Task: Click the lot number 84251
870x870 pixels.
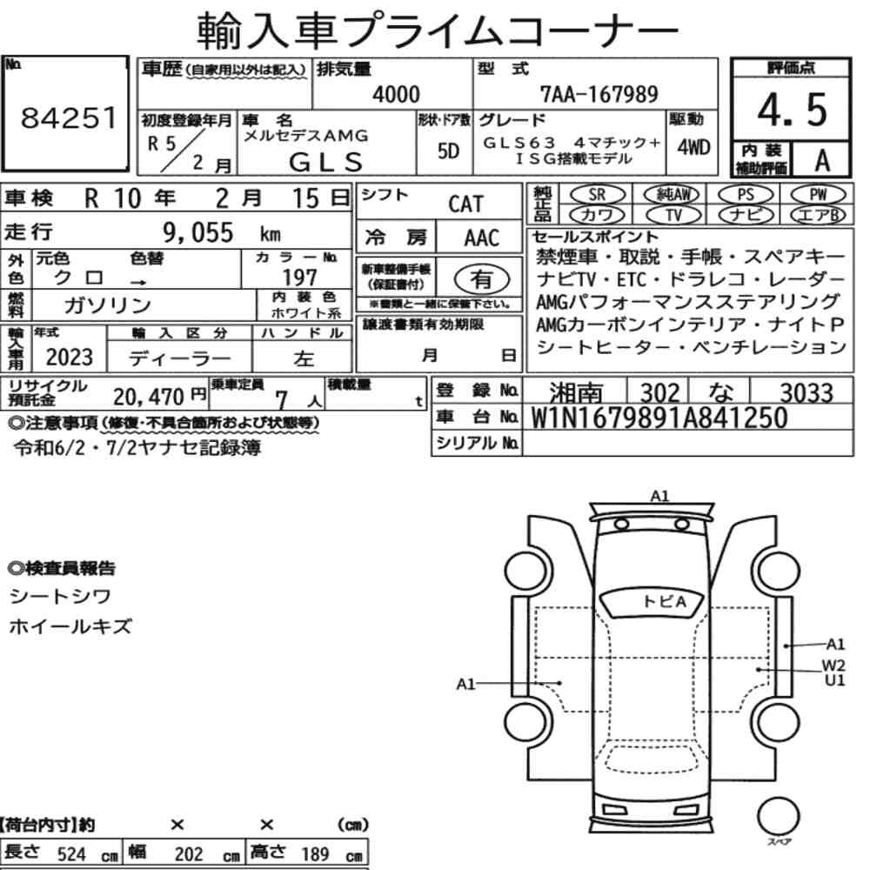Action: (x=69, y=117)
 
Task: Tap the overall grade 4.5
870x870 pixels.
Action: (x=792, y=110)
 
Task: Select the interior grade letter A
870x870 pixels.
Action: (x=822, y=161)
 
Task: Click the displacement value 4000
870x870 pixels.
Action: (x=396, y=94)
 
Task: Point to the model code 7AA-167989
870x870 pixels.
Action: (x=599, y=94)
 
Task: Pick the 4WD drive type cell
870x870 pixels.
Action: (x=693, y=148)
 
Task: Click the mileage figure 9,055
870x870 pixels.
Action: (x=198, y=232)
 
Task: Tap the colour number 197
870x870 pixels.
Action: (x=299, y=277)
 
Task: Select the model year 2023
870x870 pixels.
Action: (x=70, y=358)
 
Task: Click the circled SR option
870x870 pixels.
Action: (x=597, y=195)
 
